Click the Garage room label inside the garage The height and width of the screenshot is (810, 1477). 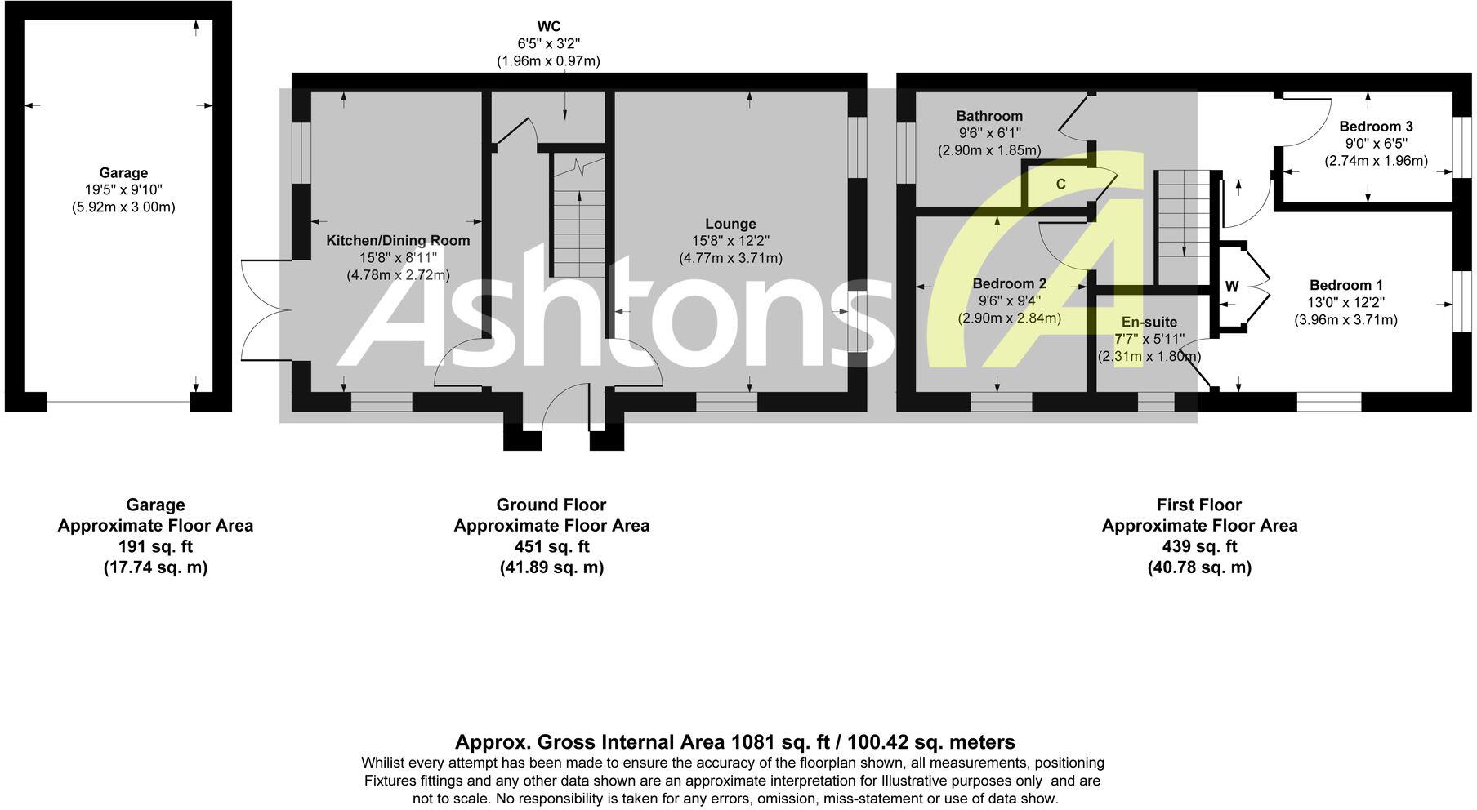[x=123, y=173]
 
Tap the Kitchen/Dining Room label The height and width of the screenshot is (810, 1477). [x=398, y=240]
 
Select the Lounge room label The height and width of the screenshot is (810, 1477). [x=730, y=224]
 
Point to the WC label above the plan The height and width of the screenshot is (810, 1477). [x=549, y=27]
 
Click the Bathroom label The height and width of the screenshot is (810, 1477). [x=989, y=116]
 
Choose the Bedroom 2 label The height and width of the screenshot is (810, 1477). [x=1009, y=283]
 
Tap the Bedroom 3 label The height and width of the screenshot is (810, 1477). [x=1376, y=127]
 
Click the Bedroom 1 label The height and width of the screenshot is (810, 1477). [x=1345, y=285]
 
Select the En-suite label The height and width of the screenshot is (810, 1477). [x=1149, y=322]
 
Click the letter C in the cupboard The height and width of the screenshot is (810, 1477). [x=1060, y=185]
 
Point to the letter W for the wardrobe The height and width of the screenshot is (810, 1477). [x=1232, y=287]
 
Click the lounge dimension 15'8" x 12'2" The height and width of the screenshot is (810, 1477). [x=730, y=241]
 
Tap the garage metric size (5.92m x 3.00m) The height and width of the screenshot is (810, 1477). [x=123, y=207]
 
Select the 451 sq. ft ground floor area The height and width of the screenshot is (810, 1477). [x=551, y=546]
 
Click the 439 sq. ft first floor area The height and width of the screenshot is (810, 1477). [x=1199, y=546]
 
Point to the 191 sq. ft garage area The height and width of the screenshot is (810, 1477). [x=155, y=546]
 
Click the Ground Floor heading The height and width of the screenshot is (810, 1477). [x=551, y=505]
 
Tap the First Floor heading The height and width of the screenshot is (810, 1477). [x=1199, y=505]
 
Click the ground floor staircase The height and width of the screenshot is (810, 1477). [x=579, y=216]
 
